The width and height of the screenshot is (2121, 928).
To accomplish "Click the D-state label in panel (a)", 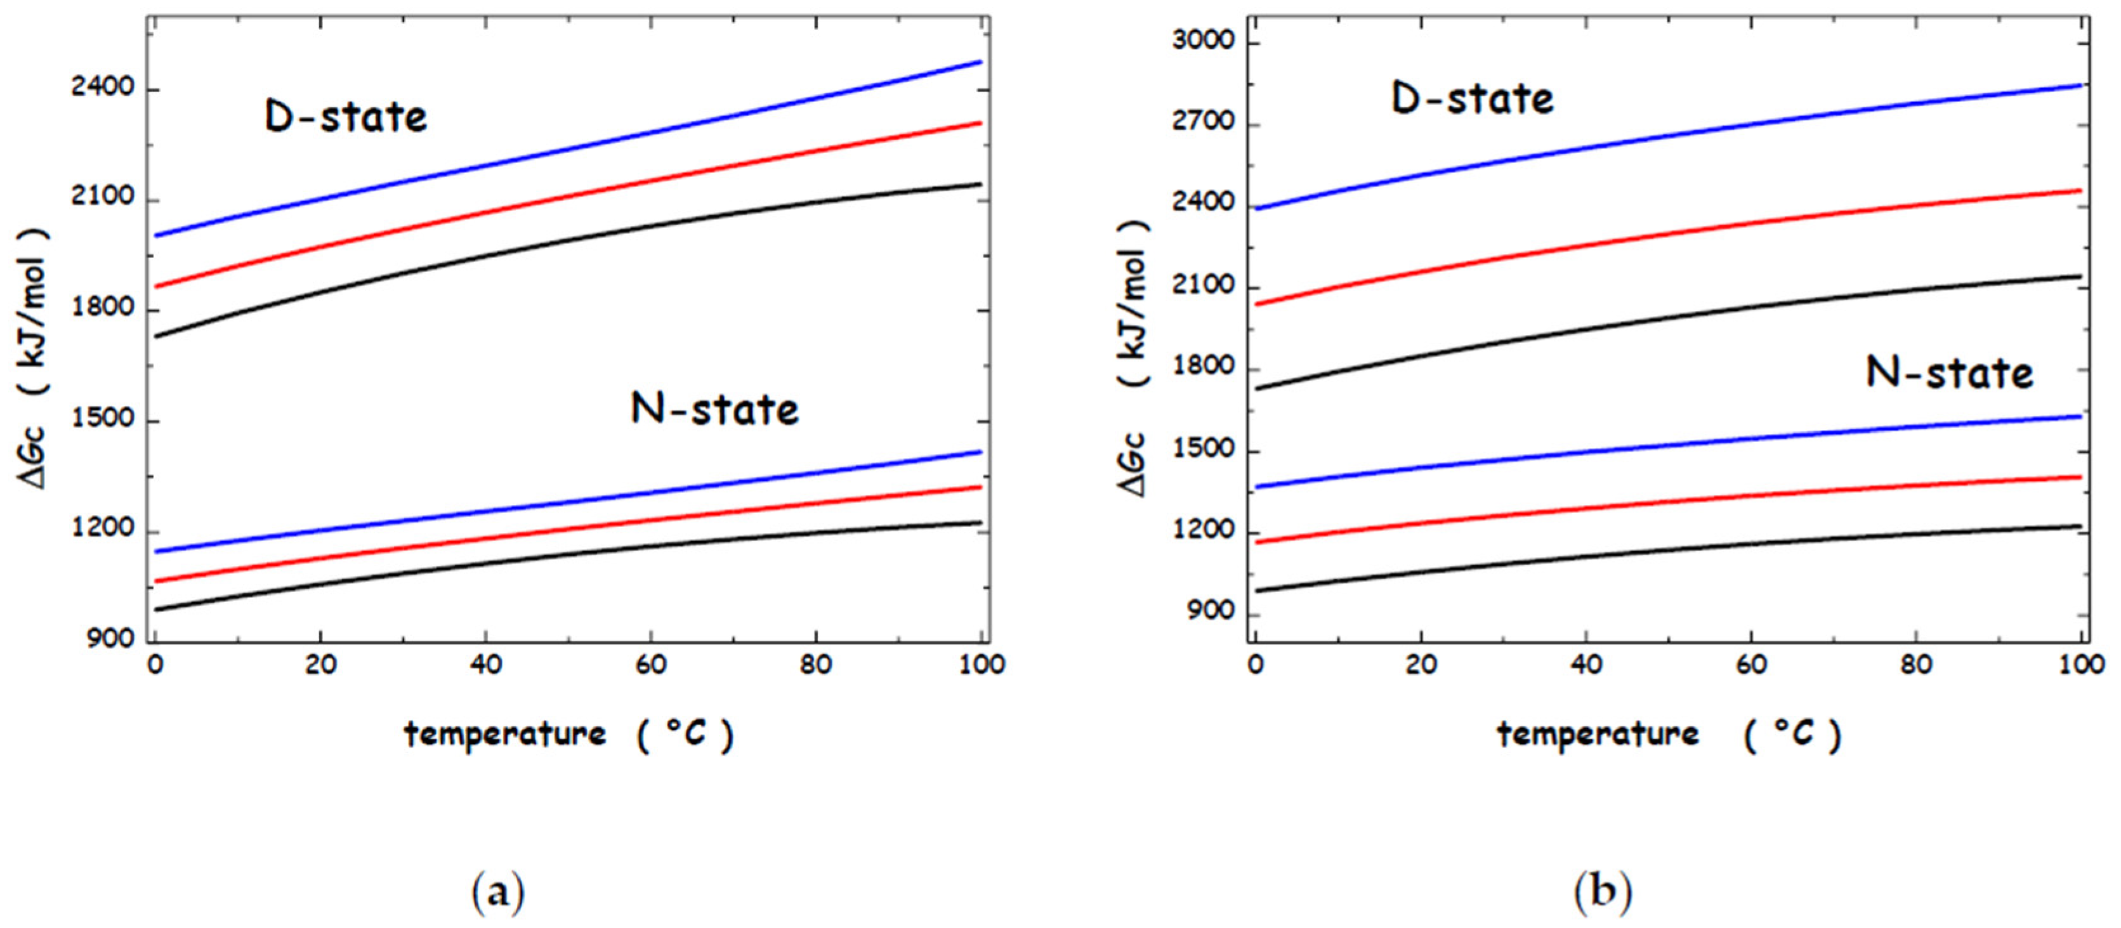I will click(346, 117).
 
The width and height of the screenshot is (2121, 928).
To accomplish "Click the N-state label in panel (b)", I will click(1949, 373).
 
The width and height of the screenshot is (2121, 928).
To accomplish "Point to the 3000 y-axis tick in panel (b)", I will click(1204, 41).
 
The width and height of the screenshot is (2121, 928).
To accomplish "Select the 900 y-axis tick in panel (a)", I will click(110, 639).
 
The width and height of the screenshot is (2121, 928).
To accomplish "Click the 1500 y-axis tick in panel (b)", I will click(1204, 450).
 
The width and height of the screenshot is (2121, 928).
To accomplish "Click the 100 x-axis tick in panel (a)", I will click(981, 665).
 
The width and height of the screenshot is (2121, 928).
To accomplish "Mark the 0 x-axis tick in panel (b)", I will click(1255, 665).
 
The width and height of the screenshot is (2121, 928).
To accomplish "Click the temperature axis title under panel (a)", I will click(568, 734).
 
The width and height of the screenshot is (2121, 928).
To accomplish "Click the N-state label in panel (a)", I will click(714, 409).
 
